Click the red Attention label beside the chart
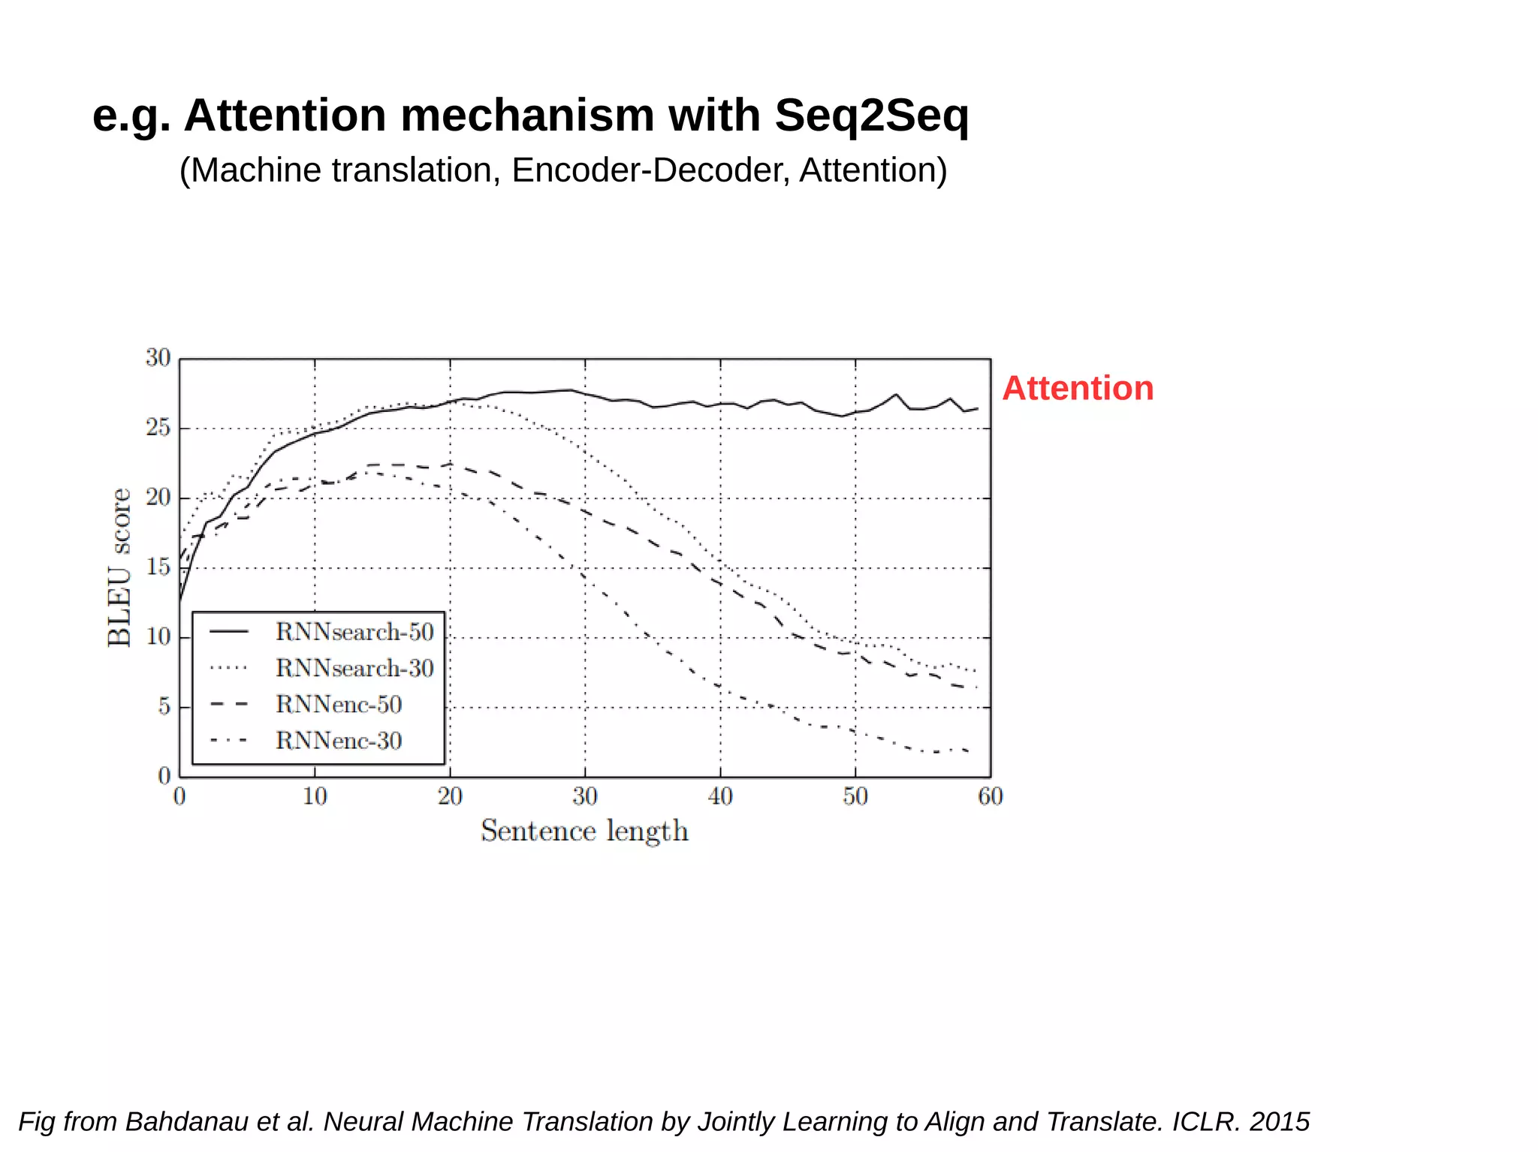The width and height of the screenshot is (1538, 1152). (x=1077, y=389)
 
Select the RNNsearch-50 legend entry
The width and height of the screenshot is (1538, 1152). (x=354, y=632)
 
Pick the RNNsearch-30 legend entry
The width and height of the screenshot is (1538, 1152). (x=354, y=668)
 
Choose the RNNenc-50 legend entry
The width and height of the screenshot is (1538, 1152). (x=339, y=704)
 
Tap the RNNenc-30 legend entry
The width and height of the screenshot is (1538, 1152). (x=339, y=741)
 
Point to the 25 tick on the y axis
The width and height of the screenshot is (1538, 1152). (x=158, y=428)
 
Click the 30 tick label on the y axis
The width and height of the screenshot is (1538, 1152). (x=158, y=358)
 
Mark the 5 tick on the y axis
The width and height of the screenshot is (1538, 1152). (x=164, y=707)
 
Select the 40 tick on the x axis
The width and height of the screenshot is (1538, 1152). (x=720, y=796)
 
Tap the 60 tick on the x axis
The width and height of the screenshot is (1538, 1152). (x=990, y=796)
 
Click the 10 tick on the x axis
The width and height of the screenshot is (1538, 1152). (x=315, y=796)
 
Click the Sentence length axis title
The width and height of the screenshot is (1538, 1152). (x=584, y=831)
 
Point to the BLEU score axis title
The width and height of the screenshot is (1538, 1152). (x=120, y=567)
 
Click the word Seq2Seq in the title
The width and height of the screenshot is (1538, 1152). (x=871, y=116)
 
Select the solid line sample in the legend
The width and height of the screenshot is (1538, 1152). (x=229, y=632)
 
